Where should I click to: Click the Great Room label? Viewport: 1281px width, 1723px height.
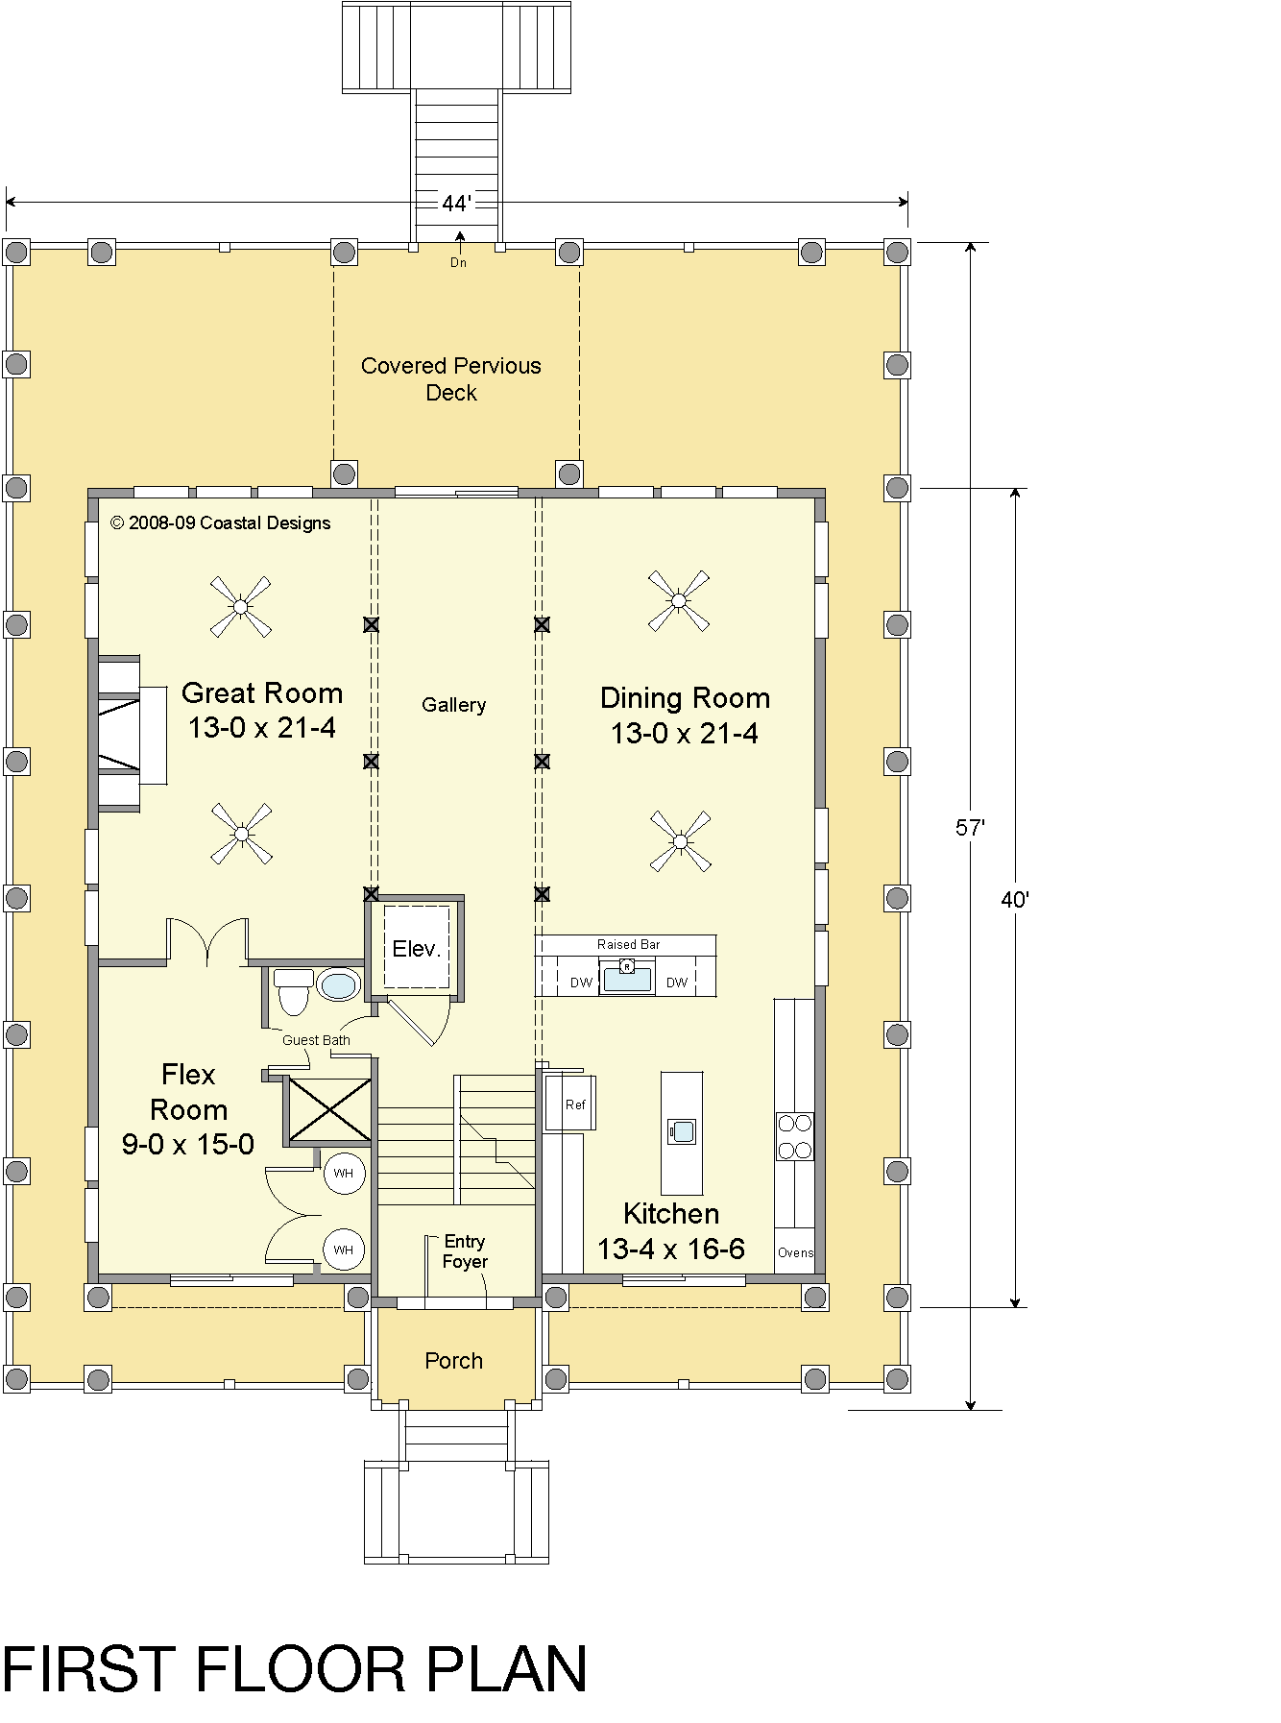[x=262, y=693]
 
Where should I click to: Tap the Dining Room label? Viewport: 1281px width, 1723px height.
[x=685, y=698]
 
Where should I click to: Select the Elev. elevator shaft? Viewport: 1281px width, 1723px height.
[x=417, y=948]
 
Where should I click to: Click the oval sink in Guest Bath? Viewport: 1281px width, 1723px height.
[x=339, y=985]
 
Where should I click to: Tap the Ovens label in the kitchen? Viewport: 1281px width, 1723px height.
[x=795, y=1252]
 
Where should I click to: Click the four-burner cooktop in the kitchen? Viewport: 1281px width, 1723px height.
[x=794, y=1136]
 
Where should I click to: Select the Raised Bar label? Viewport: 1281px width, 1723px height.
[x=629, y=944]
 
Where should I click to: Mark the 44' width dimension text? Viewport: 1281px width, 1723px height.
[x=457, y=204]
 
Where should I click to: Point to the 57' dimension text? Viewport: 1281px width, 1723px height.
[x=971, y=828]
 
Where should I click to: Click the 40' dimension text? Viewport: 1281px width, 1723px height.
[x=1015, y=900]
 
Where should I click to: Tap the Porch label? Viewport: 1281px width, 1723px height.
[x=454, y=1361]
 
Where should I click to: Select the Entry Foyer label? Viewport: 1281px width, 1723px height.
[x=465, y=1251]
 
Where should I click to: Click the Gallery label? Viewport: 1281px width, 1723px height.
[x=454, y=705]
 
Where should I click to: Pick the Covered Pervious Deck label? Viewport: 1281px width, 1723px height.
[x=451, y=379]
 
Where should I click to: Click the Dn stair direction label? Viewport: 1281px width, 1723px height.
[x=459, y=262]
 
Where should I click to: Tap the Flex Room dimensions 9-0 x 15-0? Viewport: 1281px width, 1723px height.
[x=188, y=1144]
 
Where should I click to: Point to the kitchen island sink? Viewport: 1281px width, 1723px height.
[x=682, y=1131]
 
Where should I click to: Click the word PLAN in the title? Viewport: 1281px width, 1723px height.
[x=507, y=1669]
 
